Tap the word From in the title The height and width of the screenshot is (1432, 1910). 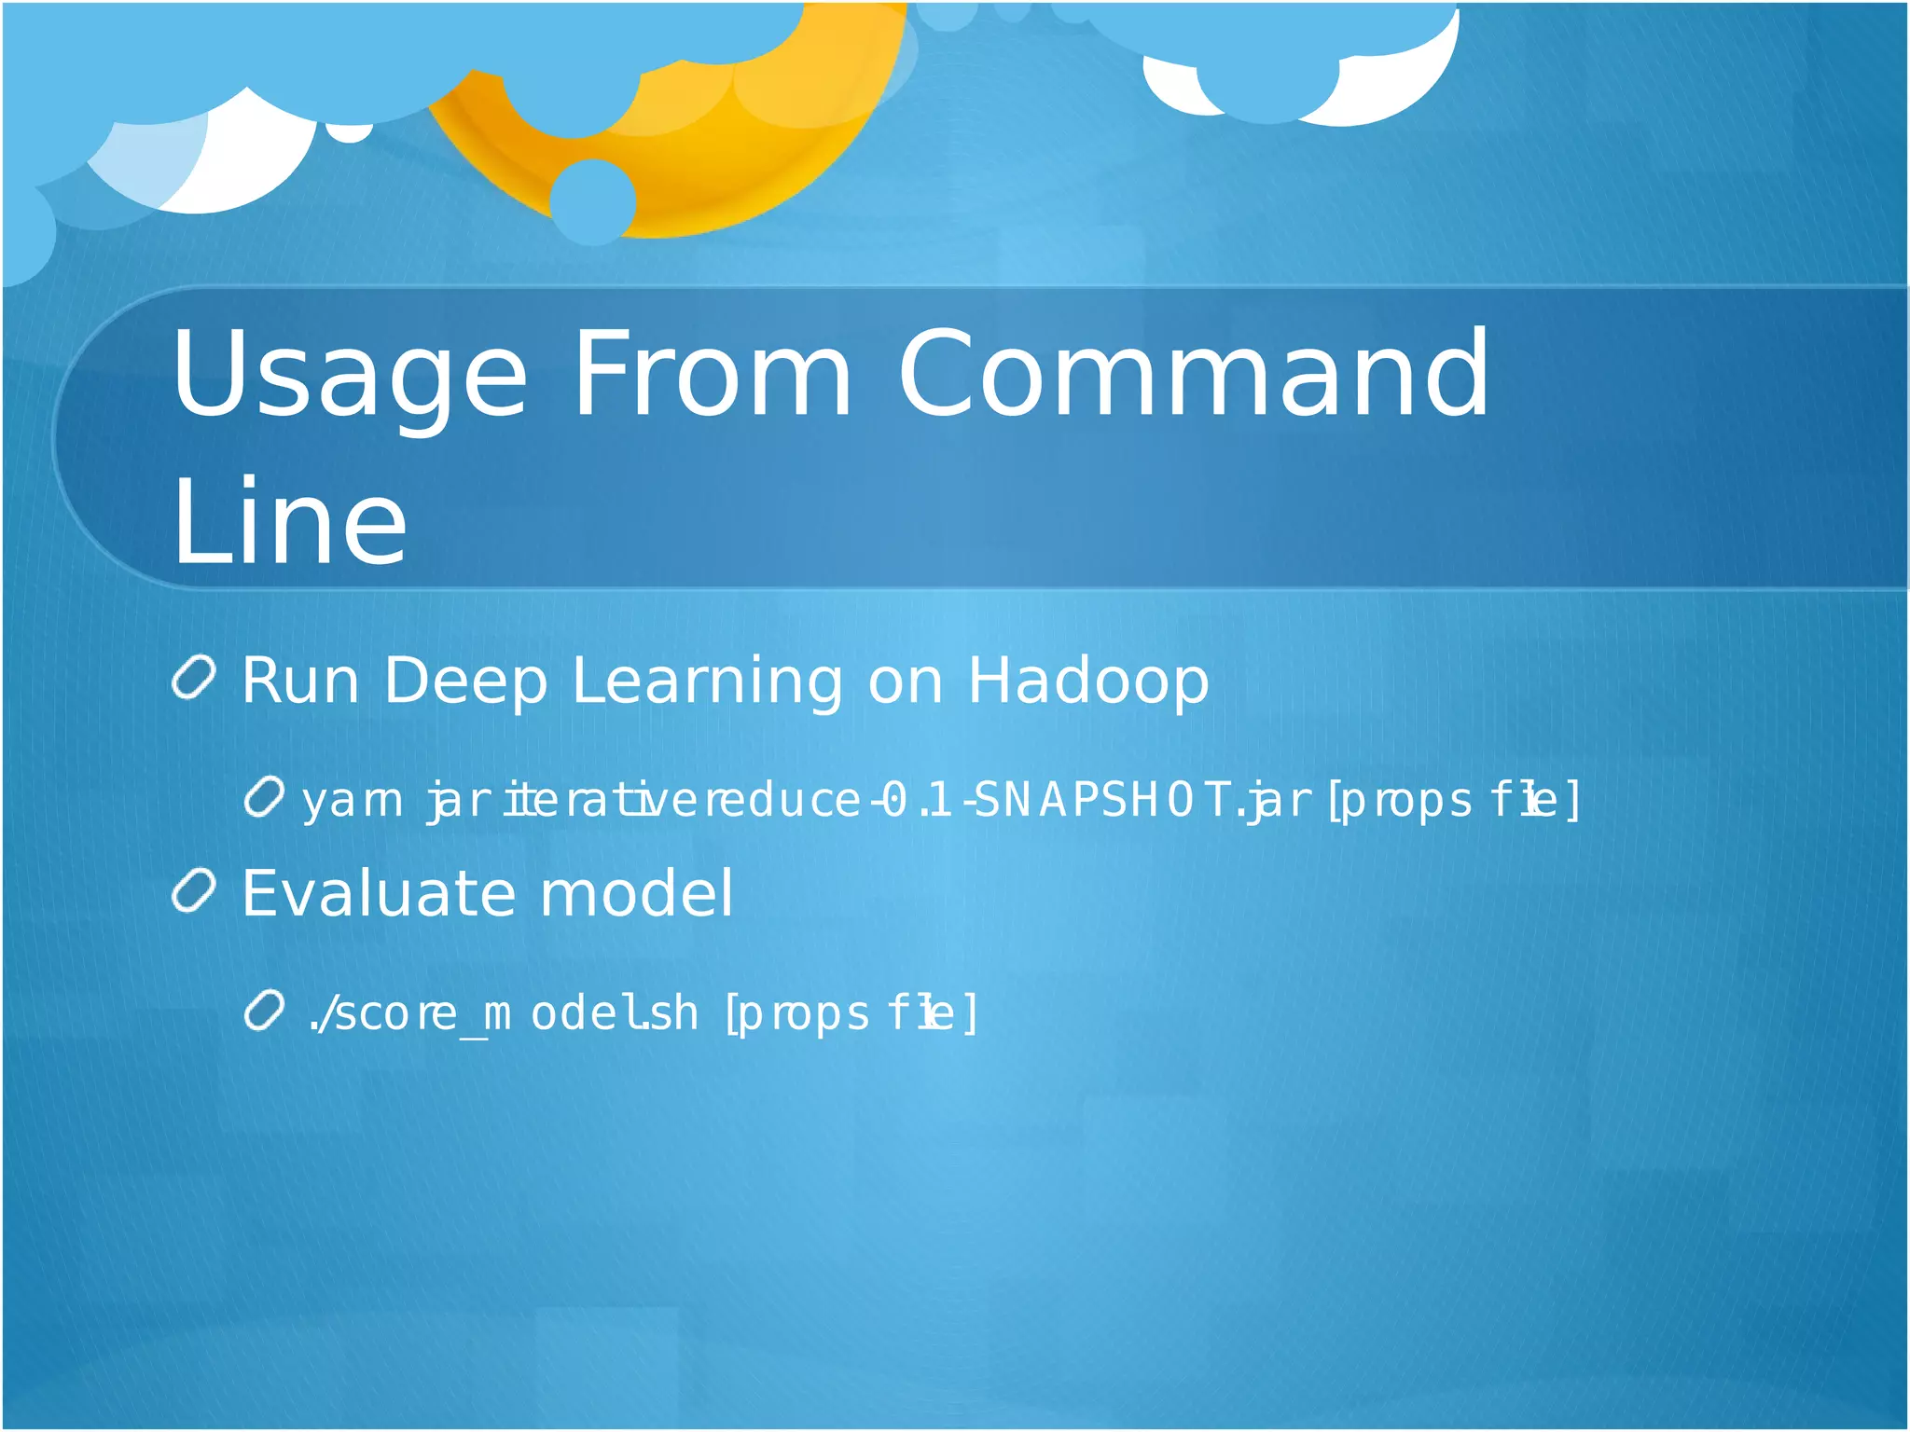click(711, 375)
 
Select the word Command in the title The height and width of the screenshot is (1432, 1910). click(1193, 375)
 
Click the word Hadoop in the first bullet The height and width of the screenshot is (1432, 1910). click(1087, 682)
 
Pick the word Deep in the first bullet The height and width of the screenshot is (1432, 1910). click(464, 682)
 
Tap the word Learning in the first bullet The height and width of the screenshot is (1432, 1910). click(707, 682)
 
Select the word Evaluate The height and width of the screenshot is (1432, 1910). click(379, 894)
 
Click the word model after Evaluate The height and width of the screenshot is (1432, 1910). click(636, 894)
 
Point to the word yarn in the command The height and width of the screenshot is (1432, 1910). click(352, 801)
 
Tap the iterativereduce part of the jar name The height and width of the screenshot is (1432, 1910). click(681, 801)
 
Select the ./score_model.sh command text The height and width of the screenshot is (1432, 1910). click(504, 1013)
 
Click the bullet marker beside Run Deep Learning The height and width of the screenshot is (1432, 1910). click(194, 678)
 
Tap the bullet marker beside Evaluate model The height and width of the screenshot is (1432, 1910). click(194, 890)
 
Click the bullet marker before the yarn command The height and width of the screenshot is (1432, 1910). click(264, 797)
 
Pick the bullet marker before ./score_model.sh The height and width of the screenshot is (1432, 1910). click(264, 1011)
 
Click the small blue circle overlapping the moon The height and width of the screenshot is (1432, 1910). click(592, 201)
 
